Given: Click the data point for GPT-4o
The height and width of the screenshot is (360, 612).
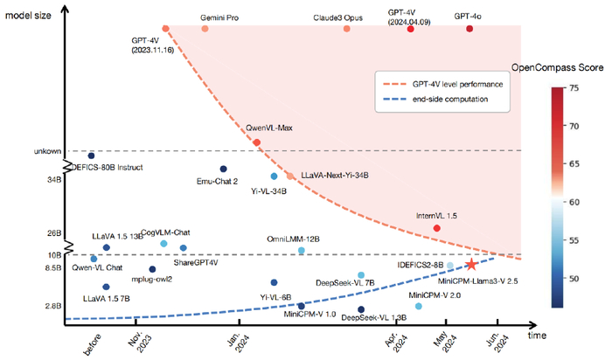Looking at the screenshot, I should pyautogui.click(x=469, y=29).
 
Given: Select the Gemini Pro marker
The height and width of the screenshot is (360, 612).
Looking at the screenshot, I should pyautogui.click(x=205, y=29).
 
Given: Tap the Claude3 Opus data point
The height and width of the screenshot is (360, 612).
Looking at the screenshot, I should pyautogui.click(x=347, y=29).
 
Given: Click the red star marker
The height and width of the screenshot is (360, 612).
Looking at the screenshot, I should pyautogui.click(x=471, y=264).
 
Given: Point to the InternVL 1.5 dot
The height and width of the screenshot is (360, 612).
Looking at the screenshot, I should pyautogui.click(x=436, y=228).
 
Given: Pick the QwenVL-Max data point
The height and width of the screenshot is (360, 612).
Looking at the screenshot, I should pyautogui.click(x=256, y=142).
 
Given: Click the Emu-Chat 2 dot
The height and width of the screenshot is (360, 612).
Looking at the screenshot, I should pyautogui.click(x=223, y=169).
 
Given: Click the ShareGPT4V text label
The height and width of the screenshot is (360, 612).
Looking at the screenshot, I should pyautogui.click(x=195, y=262).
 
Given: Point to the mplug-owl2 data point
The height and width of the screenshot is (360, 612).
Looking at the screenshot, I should pyautogui.click(x=152, y=269).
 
